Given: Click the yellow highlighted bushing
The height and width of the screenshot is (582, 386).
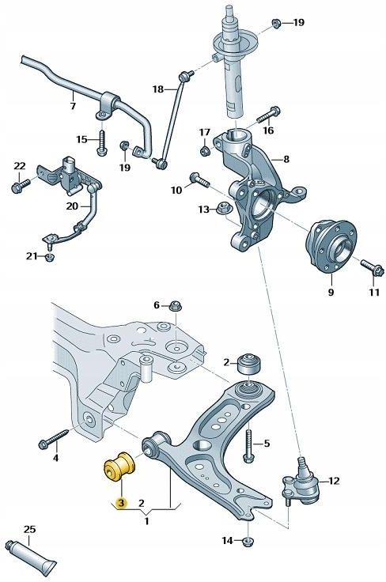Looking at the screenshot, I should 117,468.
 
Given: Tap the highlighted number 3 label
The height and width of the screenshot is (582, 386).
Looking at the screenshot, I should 120,502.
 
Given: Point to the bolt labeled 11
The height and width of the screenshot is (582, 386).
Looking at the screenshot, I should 370,269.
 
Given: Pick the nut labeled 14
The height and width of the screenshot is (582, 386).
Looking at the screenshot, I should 249,541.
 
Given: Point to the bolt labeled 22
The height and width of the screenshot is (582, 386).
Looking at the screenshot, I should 20,187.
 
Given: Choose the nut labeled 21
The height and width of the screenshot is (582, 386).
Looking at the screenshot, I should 50,255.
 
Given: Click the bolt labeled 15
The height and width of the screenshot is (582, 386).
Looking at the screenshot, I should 102,143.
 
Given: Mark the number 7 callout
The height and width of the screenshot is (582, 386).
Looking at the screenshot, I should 72,106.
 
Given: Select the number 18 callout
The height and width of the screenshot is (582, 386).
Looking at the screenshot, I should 157,89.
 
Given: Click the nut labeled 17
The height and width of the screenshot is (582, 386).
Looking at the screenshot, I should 205,149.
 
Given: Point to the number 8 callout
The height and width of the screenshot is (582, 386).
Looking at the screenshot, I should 286,159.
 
